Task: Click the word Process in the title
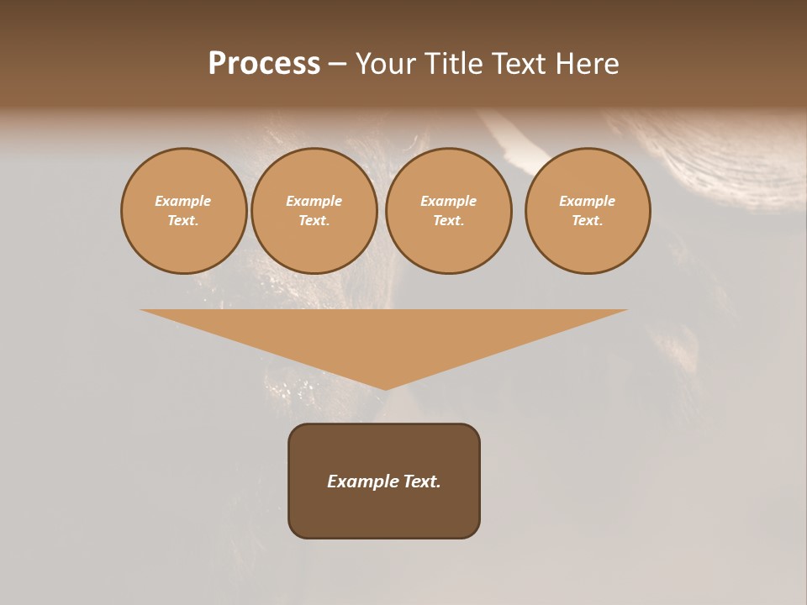pos(264,64)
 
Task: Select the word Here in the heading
pos(586,64)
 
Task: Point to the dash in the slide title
pos(337,65)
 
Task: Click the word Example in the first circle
pos(183,201)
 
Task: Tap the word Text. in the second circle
pos(314,220)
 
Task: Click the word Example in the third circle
pos(449,201)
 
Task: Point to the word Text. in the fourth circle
pos(588,220)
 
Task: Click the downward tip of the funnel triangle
pos(385,387)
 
